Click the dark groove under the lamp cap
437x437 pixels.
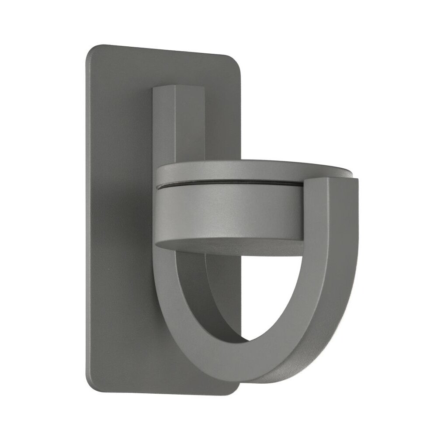227,184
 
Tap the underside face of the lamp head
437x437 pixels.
227,247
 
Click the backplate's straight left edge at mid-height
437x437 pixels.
86,218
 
